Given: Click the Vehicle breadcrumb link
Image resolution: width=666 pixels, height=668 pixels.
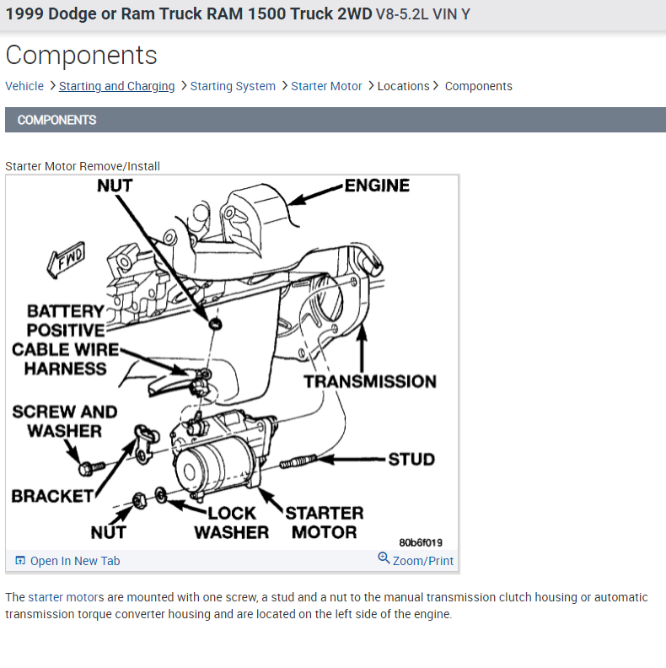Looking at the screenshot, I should pyautogui.click(x=24, y=86).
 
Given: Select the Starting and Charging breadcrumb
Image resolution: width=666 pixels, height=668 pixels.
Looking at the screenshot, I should pyautogui.click(x=116, y=86).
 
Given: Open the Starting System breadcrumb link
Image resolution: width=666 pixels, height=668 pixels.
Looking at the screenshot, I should pyautogui.click(x=233, y=86).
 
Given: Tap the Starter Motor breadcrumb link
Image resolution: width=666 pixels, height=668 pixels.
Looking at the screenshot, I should pyautogui.click(x=326, y=86).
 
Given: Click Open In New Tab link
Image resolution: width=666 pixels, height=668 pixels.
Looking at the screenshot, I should pyautogui.click(x=75, y=561).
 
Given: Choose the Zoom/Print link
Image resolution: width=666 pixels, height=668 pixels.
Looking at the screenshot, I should pyautogui.click(x=422, y=561).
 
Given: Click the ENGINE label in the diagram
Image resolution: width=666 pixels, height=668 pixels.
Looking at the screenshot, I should pyautogui.click(x=377, y=186).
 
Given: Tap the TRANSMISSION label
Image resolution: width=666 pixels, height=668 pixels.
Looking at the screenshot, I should pyautogui.click(x=370, y=381).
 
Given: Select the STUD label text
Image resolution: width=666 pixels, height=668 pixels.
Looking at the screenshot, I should pyautogui.click(x=411, y=460).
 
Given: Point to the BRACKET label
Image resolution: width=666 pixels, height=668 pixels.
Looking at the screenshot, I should pyautogui.click(x=51, y=496).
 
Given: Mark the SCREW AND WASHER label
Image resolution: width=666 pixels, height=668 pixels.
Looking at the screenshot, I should pyautogui.click(x=64, y=422).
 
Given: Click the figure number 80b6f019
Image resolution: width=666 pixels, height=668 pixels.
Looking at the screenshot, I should pyautogui.click(x=421, y=542).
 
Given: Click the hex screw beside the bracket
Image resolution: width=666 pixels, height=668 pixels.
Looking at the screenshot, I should pyautogui.click(x=90, y=466).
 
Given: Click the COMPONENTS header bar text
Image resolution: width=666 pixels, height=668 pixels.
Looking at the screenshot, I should pyautogui.click(x=56, y=120).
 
